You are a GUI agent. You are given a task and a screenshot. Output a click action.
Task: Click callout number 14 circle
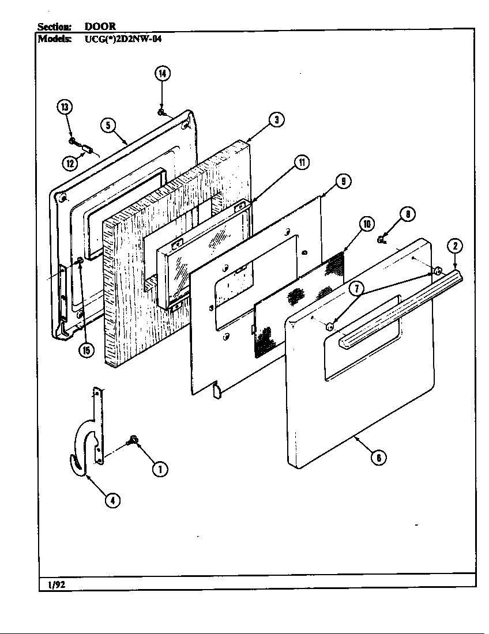163,73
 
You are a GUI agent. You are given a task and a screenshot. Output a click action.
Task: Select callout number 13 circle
65,107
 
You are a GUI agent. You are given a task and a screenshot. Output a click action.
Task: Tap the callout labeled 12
70,163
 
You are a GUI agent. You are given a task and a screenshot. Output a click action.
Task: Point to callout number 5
107,124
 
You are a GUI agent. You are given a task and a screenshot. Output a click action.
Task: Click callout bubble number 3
276,119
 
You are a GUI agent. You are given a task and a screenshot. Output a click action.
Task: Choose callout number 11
300,163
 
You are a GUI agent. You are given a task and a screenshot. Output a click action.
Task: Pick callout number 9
343,181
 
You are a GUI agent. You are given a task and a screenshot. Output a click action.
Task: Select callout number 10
366,224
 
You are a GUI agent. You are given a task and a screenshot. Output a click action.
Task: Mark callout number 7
356,289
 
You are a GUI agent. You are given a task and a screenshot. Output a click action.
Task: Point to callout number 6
378,458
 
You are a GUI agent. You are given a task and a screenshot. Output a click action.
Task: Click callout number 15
86,350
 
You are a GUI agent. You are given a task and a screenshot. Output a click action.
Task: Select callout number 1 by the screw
160,469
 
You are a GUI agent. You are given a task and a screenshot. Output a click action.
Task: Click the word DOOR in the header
100,27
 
